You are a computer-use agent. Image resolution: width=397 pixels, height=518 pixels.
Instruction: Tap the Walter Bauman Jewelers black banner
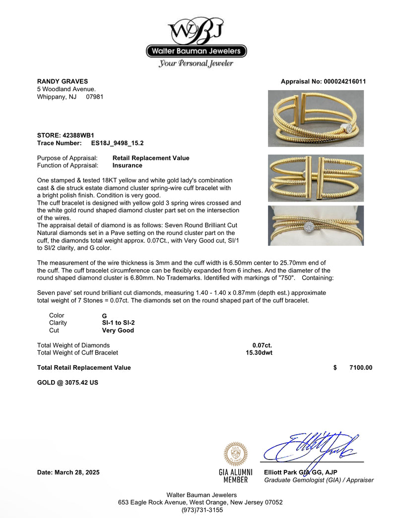point(197,51)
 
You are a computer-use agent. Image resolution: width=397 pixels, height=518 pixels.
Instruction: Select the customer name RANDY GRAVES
point(63,81)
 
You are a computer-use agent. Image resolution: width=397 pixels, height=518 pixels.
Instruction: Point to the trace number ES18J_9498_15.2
point(118,143)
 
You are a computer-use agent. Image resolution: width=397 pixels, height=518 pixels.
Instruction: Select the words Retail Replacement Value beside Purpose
point(151,158)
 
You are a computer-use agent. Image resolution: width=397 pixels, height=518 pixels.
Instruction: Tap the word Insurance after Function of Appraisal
point(127,166)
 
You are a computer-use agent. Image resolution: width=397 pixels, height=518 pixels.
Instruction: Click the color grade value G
point(104,316)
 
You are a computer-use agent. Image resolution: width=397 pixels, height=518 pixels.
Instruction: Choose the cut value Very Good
point(118,330)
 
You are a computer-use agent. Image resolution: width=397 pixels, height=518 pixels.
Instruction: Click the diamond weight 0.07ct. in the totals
point(262,345)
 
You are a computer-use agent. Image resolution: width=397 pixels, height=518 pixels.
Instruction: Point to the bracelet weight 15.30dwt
point(259,352)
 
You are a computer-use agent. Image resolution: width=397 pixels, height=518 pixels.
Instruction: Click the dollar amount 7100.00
point(360,367)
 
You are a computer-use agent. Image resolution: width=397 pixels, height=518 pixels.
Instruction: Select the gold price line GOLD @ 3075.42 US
point(67,383)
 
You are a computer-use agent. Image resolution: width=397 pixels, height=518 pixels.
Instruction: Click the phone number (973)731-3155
point(201,510)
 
